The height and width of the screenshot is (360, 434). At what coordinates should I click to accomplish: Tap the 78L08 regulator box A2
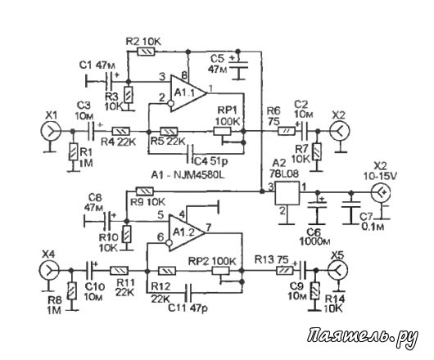click(287, 193)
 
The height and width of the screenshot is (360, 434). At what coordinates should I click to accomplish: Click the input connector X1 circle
click(51, 131)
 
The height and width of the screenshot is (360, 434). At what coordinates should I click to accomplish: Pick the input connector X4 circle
click(49, 270)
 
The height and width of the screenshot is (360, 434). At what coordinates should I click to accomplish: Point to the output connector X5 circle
click(337, 270)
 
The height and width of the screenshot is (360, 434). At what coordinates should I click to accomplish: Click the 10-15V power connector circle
click(381, 192)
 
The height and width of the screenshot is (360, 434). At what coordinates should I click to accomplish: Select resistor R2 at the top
click(146, 52)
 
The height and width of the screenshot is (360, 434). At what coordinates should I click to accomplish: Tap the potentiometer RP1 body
click(222, 131)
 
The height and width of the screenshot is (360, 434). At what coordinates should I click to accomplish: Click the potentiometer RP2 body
click(220, 271)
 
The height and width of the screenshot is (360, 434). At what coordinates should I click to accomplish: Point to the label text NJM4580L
click(199, 175)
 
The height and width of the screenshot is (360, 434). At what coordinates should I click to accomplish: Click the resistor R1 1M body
click(73, 151)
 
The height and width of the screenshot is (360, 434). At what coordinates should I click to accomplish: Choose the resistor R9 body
click(144, 191)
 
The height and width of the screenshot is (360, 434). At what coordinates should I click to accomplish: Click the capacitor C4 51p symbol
click(190, 154)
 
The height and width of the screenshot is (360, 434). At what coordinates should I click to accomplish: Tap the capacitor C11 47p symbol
click(188, 292)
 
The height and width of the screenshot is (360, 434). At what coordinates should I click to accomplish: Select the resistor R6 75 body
click(287, 131)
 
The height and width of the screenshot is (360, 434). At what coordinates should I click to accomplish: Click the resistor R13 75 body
click(285, 271)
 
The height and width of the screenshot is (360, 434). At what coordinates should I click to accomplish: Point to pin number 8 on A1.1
click(183, 75)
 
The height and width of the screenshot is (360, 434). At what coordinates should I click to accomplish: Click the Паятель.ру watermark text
click(363, 338)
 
